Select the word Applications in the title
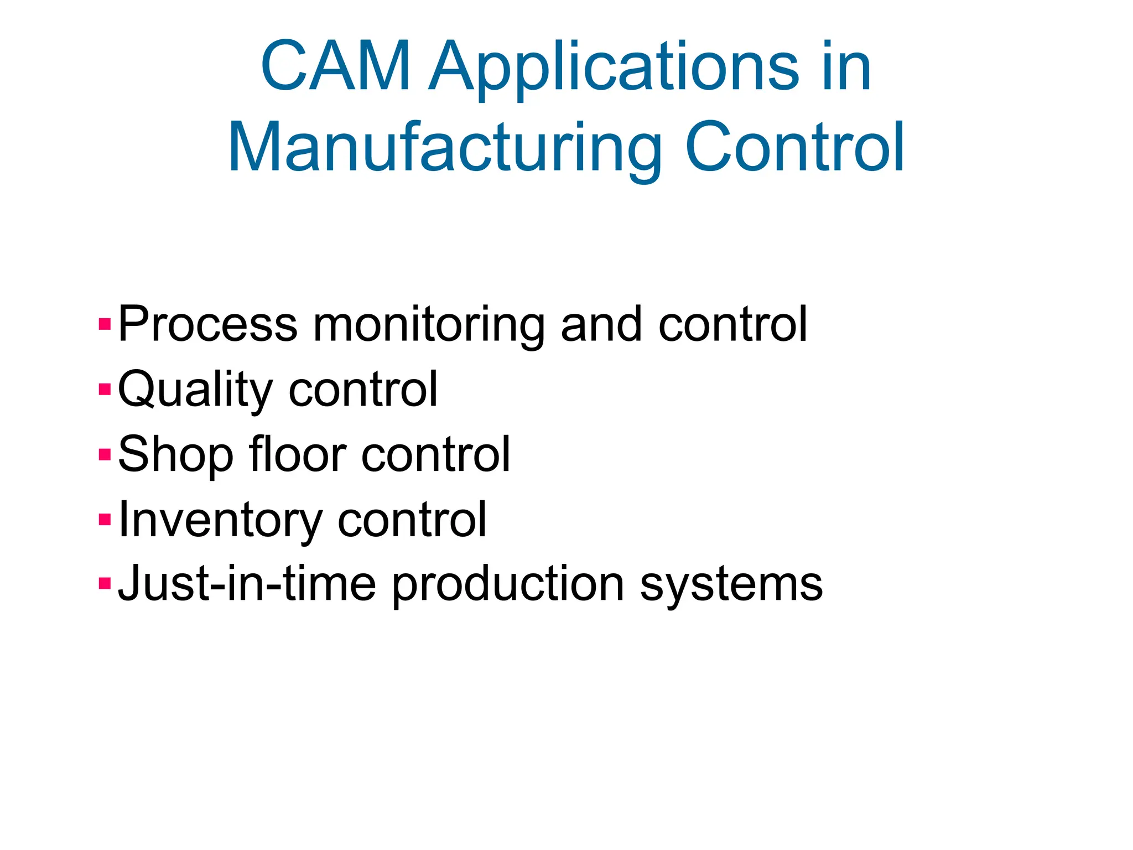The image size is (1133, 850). pyautogui.click(x=614, y=68)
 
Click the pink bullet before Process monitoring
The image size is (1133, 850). pyautogui.click(x=105, y=324)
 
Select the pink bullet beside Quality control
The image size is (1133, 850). pyautogui.click(x=105, y=389)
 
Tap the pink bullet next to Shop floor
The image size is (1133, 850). pyautogui.click(x=105, y=454)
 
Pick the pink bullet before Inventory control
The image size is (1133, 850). pyautogui.click(x=105, y=520)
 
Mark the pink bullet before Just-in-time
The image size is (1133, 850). pyautogui.click(x=105, y=584)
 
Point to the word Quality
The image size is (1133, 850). pyautogui.click(x=195, y=390)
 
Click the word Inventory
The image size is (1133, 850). pyautogui.click(x=220, y=521)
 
